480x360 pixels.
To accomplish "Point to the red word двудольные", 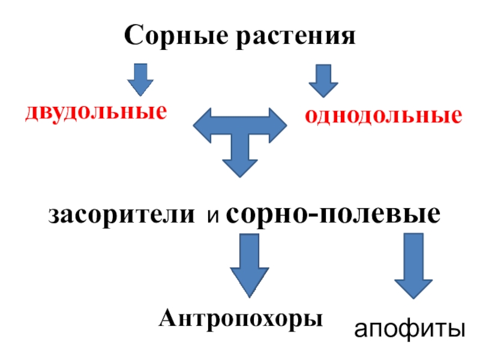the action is (95, 112).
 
